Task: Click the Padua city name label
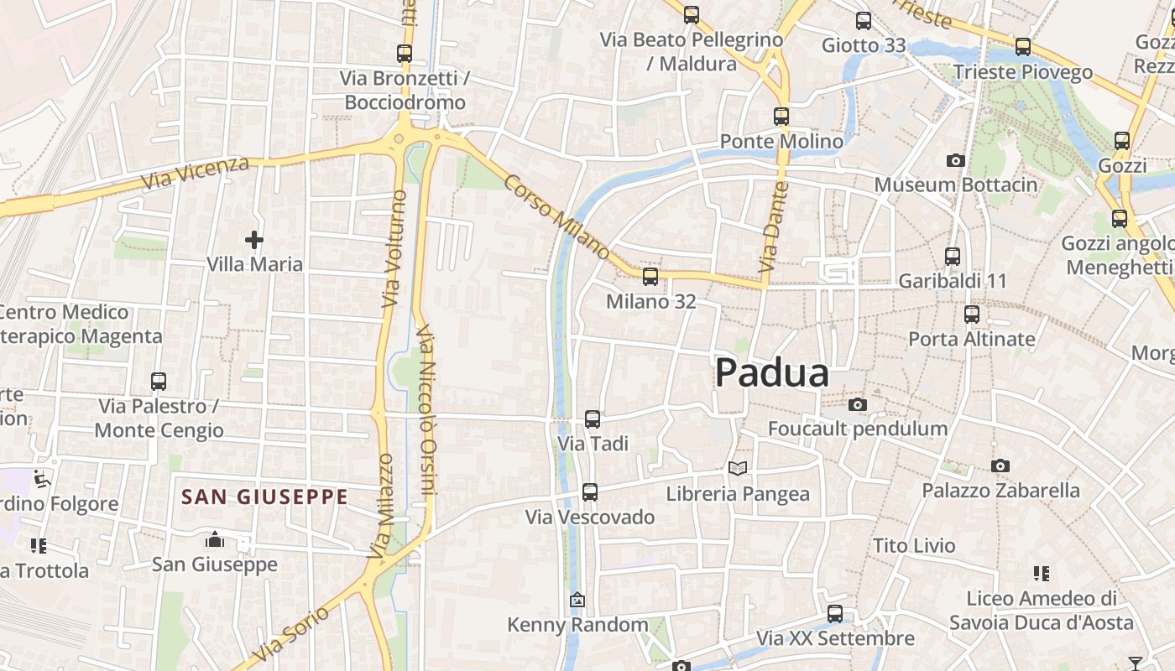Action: pyautogui.click(x=771, y=373)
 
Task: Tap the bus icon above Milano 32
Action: pyautogui.click(x=650, y=277)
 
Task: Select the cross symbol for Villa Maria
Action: pyautogui.click(x=253, y=240)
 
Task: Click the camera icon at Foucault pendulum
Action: pyautogui.click(x=857, y=405)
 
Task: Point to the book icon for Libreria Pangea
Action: pyautogui.click(x=738, y=469)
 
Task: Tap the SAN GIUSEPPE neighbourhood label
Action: pyautogui.click(x=264, y=497)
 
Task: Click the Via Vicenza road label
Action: pyautogui.click(x=195, y=172)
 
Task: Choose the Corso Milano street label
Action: pyautogui.click(x=557, y=216)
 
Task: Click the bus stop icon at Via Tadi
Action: pyautogui.click(x=593, y=419)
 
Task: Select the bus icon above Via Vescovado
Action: pyautogui.click(x=590, y=492)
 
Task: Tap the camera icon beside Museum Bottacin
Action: pyautogui.click(x=955, y=160)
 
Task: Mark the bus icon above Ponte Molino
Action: pyautogui.click(x=781, y=117)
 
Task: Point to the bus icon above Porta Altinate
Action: pyautogui.click(x=972, y=315)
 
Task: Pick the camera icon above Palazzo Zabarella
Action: pyautogui.click(x=1000, y=466)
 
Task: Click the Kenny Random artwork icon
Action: pyautogui.click(x=577, y=600)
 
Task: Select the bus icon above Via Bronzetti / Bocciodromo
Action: pyautogui.click(x=405, y=54)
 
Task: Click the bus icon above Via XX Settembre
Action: pyautogui.click(x=834, y=614)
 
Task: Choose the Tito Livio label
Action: pyautogui.click(x=914, y=546)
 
